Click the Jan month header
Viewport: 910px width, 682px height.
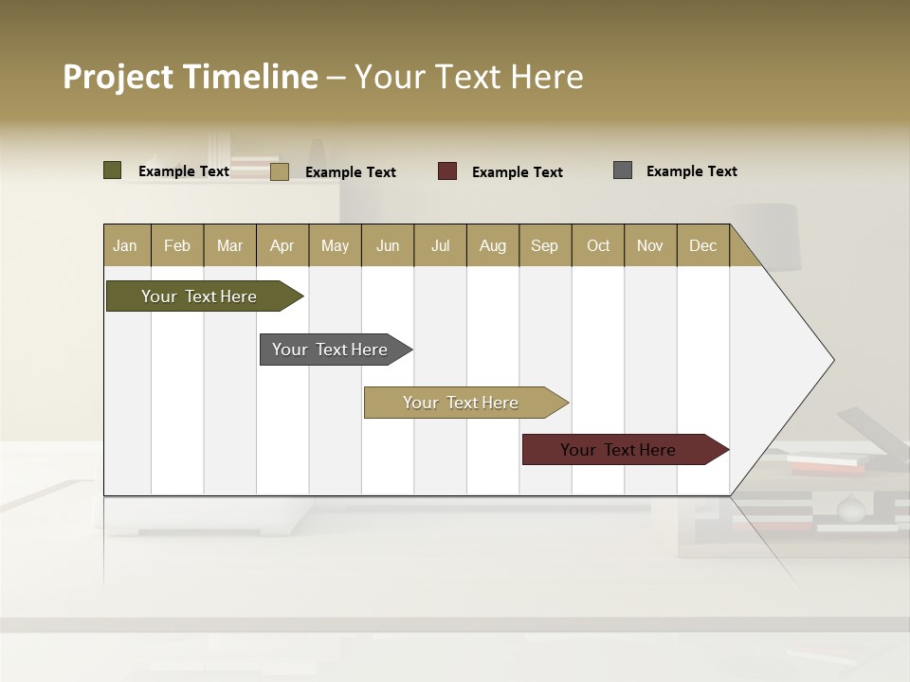(126, 245)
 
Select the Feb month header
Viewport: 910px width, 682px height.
(177, 245)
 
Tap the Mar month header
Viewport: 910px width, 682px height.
(229, 245)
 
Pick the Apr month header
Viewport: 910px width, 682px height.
(282, 245)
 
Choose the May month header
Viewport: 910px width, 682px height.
(335, 245)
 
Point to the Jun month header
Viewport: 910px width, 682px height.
(388, 245)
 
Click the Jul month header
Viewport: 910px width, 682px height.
(440, 245)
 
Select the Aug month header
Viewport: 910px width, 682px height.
(493, 245)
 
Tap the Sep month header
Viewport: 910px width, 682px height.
(545, 245)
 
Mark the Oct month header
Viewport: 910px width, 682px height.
(598, 245)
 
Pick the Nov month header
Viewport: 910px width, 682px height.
(650, 245)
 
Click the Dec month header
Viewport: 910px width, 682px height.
(703, 245)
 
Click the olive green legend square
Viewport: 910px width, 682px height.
(113, 170)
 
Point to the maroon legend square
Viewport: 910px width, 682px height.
(447, 171)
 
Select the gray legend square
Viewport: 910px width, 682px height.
(623, 170)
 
